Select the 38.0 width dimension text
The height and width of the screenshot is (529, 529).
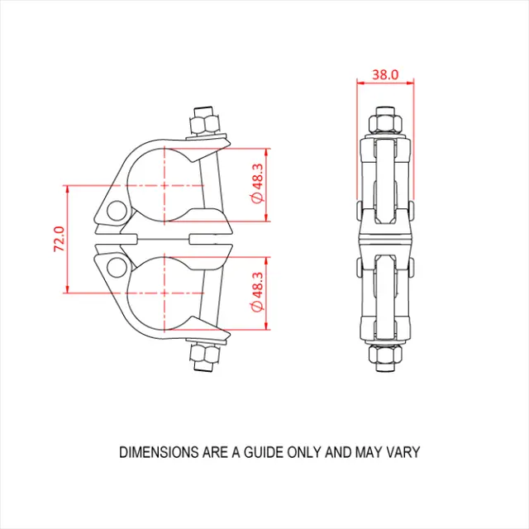[x=385, y=74]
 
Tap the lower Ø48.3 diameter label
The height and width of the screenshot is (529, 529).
[x=256, y=293]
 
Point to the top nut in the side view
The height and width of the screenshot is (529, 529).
[x=385, y=125]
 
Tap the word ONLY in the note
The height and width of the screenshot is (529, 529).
[x=306, y=452]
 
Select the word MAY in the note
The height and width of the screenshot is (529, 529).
[x=369, y=452]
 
